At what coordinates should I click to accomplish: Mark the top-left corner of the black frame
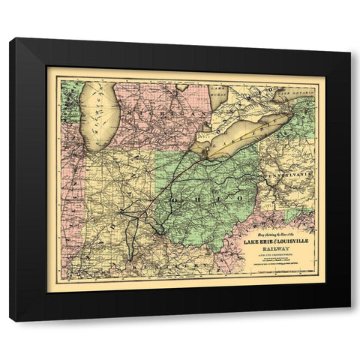click(10, 39)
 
